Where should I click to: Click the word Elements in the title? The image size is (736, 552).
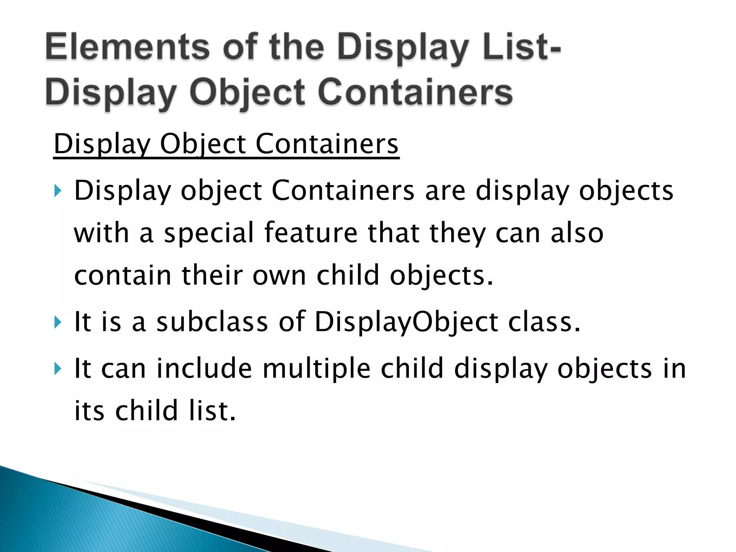click(128, 47)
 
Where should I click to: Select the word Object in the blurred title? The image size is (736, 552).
click(248, 93)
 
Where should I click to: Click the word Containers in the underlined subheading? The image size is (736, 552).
click(327, 144)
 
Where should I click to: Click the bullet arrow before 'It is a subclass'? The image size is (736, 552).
click(58, 322)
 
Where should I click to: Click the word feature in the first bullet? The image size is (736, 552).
click(311, 233)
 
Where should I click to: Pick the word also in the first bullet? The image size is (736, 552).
click(577, 233)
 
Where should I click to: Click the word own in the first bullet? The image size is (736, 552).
click(279, 275)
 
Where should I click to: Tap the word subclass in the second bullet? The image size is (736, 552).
click(212, 322)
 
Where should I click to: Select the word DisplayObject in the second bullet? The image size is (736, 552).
click(406, 322)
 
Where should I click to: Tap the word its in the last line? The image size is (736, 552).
click(89, 410)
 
